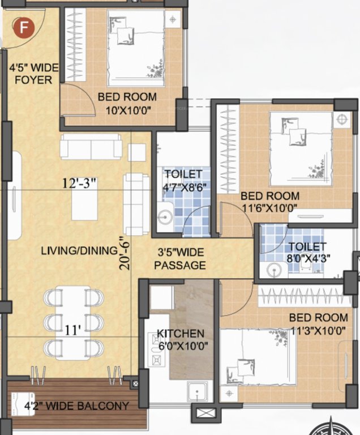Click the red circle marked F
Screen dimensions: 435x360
point(23,26)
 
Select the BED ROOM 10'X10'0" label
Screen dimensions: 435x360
point(123,103)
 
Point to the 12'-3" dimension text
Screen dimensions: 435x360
point(79,182)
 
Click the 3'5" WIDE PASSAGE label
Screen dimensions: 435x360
point(182,259)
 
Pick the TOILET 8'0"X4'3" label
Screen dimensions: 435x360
point(306,251)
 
